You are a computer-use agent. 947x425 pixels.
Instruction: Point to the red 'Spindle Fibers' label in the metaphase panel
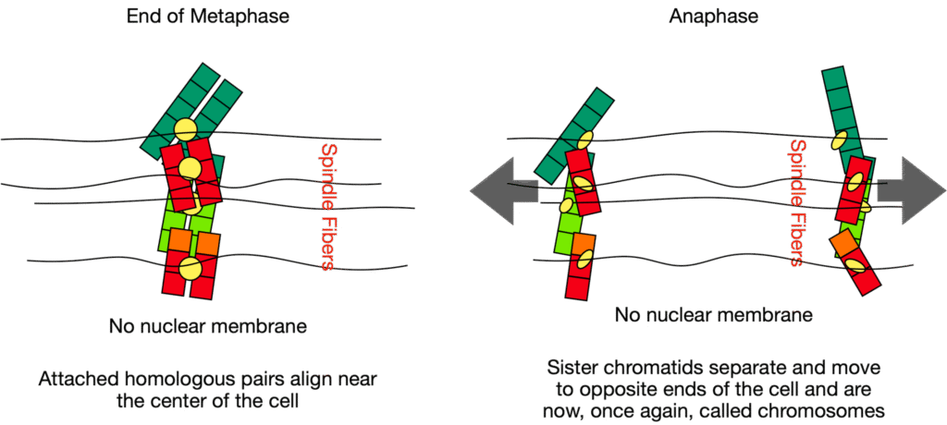point(325,206)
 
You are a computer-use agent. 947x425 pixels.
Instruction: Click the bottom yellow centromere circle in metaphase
point(190,268)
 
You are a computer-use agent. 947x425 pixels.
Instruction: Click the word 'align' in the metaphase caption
point(292,380)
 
